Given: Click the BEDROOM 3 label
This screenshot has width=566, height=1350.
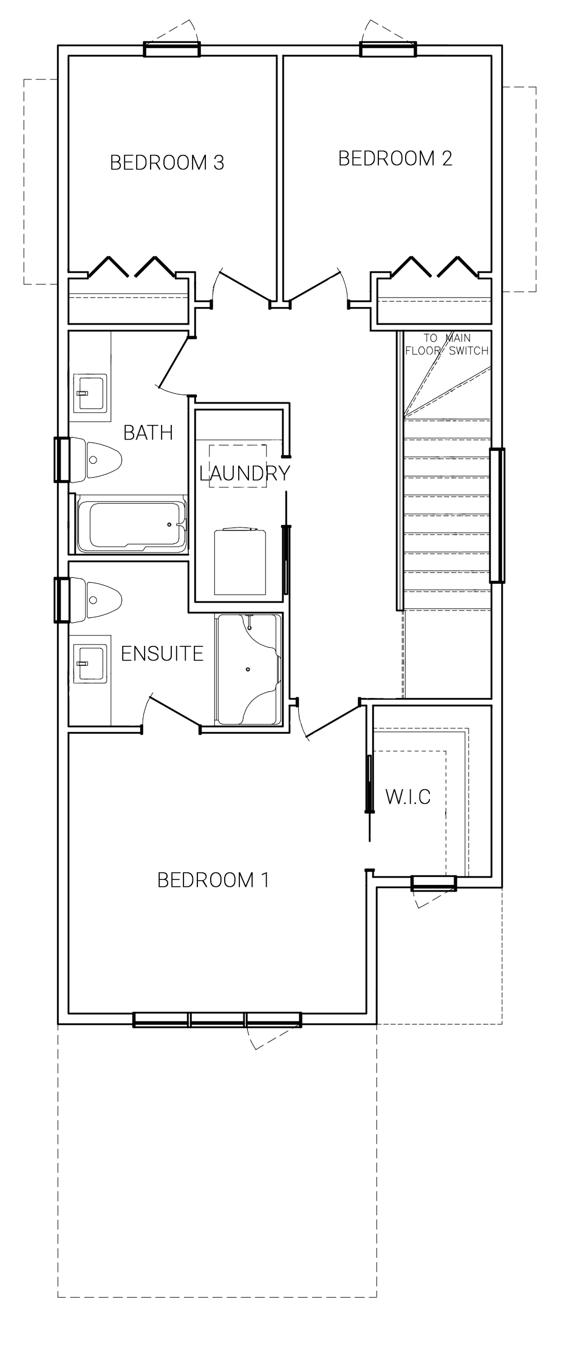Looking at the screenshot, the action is [167, 163].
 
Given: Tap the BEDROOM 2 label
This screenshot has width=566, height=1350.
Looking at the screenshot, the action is [395, 158].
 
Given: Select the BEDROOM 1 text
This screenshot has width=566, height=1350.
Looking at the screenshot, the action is [213, 880].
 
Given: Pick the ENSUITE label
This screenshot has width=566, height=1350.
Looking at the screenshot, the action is [162, 654].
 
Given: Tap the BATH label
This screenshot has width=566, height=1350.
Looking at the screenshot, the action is [148, 433].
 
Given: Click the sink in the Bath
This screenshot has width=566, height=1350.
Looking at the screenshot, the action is [90, 392].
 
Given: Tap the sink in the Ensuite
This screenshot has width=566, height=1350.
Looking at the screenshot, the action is [90, 663].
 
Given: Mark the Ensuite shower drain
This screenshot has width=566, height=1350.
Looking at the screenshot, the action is [248, 670].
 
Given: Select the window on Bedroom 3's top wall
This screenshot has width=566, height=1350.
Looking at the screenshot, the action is [172, 49].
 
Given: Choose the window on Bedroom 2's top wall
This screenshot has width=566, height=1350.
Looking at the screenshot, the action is [389, 49].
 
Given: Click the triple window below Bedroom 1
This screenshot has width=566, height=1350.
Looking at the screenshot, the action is [217, 1019].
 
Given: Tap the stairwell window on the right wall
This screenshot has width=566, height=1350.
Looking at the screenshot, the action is [497, 515].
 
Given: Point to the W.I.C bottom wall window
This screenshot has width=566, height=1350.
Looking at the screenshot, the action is [434, 883].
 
